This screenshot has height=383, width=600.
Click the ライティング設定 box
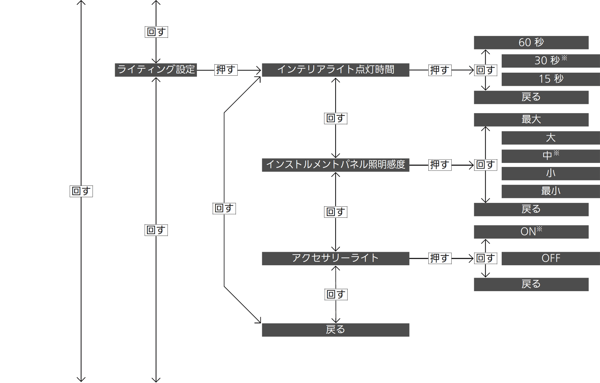(156, 70)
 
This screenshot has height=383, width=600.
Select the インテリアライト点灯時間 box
(336, 70)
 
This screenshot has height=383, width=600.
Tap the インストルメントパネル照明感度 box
(336, 165)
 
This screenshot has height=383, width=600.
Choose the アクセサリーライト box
(336, 258)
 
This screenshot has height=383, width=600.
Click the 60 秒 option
(531, 43)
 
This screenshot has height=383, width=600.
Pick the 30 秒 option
(551, 61)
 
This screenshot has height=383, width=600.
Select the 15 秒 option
(551, 79)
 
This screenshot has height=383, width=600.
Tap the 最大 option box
(531, 119)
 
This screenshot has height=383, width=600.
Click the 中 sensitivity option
(551, 156)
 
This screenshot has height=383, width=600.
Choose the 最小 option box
(551, 191)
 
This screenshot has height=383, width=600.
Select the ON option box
(531, 232)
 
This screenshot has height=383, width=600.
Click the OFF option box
(551, 258)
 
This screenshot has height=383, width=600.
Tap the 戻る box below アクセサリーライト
(336, 330)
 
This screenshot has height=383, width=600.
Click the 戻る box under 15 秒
(531, 97)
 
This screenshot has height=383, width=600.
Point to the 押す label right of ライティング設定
(226, 70)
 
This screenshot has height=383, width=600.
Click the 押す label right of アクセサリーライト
(440, 258)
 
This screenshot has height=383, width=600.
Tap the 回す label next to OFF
(486, 258)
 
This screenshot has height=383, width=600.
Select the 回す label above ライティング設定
(156, 32)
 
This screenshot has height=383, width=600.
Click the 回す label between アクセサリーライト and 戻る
(336, 294)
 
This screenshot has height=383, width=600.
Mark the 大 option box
(551, 138)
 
